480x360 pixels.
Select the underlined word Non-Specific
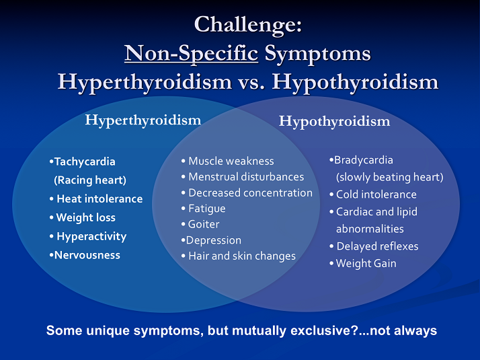pyautogui.click(x=192, y=53)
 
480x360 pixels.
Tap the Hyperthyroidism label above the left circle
pyautogui.click(x=143, y=120)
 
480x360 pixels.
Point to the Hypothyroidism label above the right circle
pyautogui.click(x=334, y=122)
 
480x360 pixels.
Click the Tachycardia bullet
pyautogui.click(x=84, y=161)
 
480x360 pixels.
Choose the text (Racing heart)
pyautogui.click(x=89, y=180)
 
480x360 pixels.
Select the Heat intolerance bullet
pyautogui.click(x=99, y=199)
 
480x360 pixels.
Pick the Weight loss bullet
pyautogui.click(x=85, y=218)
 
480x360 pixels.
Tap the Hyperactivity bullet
pyautogui.click(x=91, y=237)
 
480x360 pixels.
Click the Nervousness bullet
pyautogui.click(x=87, y=256)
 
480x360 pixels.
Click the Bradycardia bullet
pyautogui.click(x=363, y=160)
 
